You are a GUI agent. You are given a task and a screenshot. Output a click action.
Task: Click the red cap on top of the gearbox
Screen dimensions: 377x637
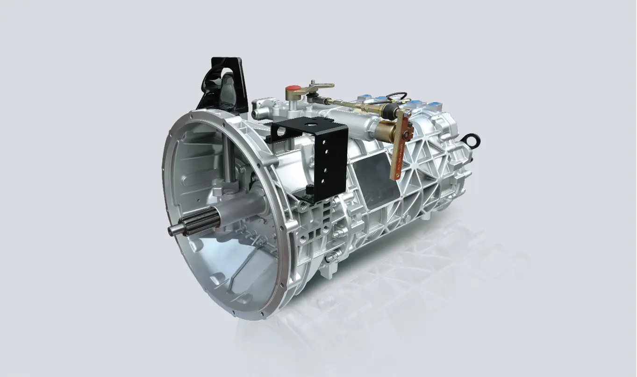click(293, 88)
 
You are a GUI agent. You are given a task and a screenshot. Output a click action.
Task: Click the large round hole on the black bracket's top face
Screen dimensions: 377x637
click(310, 125)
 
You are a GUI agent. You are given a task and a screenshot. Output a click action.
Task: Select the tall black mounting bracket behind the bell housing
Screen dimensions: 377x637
click(223, 84)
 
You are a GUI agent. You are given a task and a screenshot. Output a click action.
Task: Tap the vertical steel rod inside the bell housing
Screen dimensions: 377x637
click(227, 159)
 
